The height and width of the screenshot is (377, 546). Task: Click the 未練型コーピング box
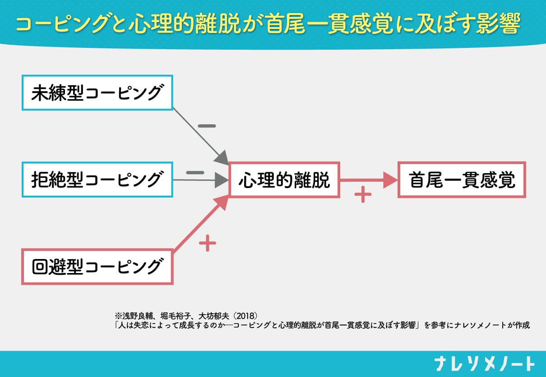point(97,93)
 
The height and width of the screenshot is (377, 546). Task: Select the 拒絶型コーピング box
point(97,180)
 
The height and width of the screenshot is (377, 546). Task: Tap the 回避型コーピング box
point(97,267)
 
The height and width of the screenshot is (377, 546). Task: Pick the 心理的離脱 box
point(284,180)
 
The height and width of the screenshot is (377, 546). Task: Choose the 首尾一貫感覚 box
point(462,180)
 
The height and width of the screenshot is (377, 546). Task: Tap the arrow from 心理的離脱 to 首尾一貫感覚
point(368,180)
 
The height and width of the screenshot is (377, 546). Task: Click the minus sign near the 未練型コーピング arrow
point(207,125)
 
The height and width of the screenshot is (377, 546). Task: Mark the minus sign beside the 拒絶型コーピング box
point(195,172)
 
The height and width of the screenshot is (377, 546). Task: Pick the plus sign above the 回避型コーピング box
point(208,244)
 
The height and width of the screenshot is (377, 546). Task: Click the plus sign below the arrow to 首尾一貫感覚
point(362,195)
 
